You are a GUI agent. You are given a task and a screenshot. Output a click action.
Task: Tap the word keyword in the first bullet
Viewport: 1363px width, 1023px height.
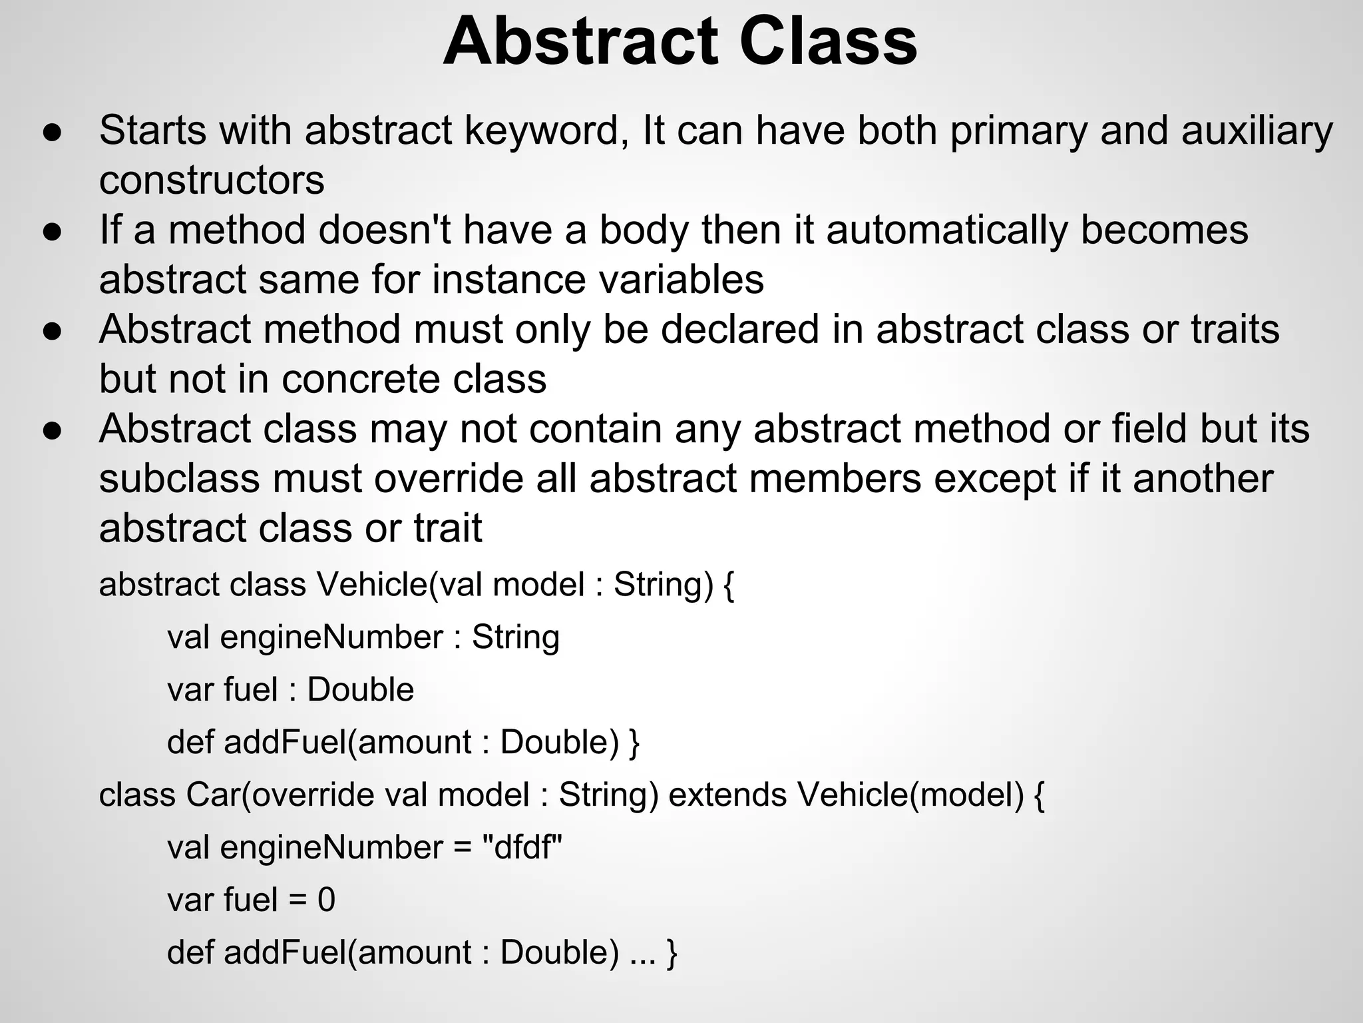(x=546, y=130)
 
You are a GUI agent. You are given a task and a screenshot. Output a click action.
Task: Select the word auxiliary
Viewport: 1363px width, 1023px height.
(x=1257, y=130)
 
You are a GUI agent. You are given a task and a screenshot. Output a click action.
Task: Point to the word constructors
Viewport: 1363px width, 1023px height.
(x=212, y=180)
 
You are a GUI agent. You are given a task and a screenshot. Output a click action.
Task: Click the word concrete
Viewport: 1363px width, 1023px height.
(x=361, y=379)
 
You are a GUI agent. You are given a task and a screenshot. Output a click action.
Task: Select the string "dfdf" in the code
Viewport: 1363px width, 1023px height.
(x=522, y=848)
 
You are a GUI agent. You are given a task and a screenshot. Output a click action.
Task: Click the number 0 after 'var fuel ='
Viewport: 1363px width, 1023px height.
(x=326, y=900)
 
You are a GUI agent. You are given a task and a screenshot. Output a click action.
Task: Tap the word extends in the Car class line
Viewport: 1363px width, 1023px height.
(x=727, y=795)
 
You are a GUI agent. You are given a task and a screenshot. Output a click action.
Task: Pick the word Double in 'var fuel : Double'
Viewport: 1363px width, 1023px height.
(x=361, y=690)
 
